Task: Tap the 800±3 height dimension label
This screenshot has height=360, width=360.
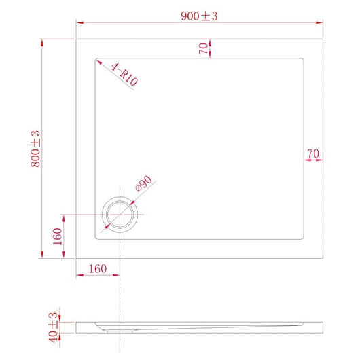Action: point(36,149)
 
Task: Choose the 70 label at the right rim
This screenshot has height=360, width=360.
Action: point(312,154)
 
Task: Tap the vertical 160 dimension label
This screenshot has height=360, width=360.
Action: point(58,236)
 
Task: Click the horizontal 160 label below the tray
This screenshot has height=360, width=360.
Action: point(98,269)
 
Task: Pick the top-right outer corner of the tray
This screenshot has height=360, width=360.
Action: point(321,39)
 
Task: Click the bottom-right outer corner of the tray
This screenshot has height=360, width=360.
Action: point(321,258)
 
